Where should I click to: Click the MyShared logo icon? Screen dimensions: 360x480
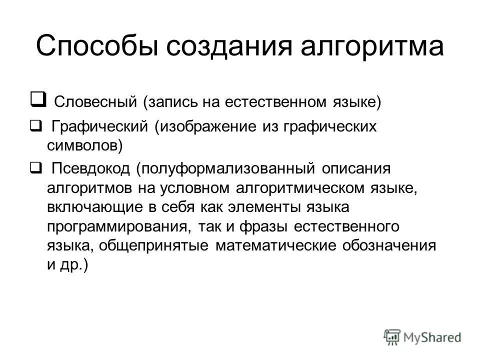[392, 336]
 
